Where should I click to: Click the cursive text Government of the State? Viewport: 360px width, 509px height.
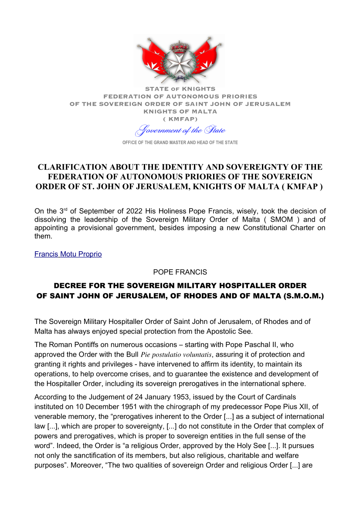(x=180, y=130)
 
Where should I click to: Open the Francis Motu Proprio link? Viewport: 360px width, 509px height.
(x=68, y=254)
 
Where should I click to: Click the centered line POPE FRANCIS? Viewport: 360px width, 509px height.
(x=180, y=272)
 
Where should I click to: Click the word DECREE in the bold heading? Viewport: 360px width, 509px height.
(x=70, y=286)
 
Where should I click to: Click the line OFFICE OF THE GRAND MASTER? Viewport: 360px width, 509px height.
(x=180, y=143)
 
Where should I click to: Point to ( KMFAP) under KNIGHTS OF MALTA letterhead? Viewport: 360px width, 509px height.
(x=180, y=118)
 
